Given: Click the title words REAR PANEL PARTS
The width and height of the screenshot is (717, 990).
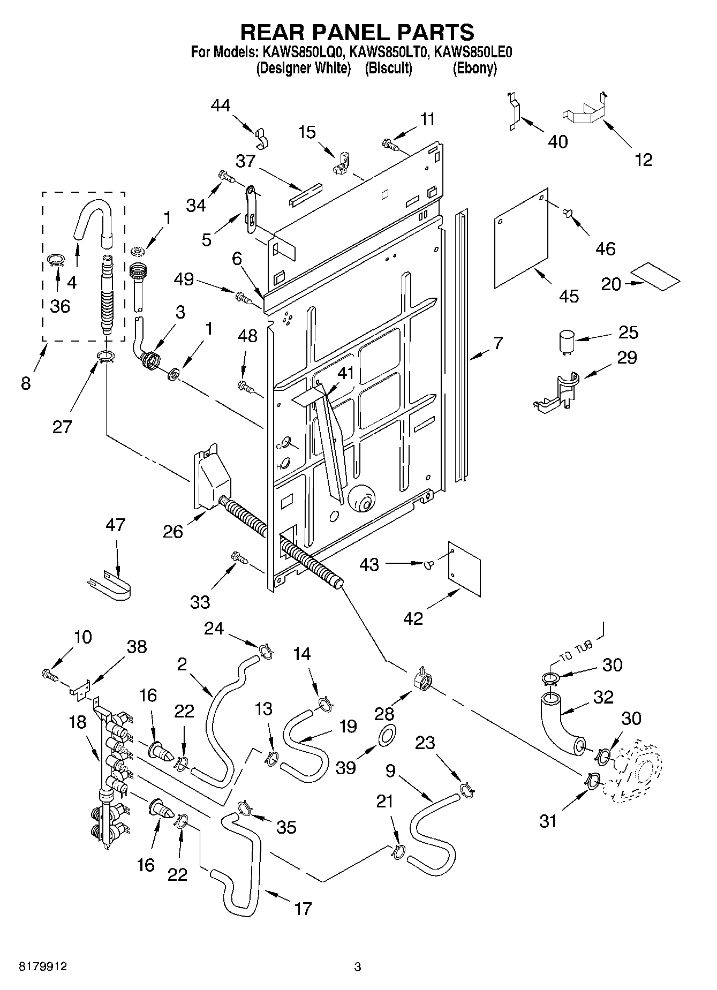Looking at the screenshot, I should [357, 32].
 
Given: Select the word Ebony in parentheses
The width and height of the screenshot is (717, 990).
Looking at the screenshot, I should [474, 69].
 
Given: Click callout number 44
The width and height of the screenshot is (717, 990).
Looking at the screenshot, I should [220, 105].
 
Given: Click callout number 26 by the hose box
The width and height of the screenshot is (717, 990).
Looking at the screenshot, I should [173, 531].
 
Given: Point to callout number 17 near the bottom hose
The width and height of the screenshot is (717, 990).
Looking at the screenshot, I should [303, 909].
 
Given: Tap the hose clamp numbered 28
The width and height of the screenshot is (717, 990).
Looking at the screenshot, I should [422, 680].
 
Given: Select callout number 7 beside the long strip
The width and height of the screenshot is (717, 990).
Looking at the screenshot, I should [497, 343].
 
